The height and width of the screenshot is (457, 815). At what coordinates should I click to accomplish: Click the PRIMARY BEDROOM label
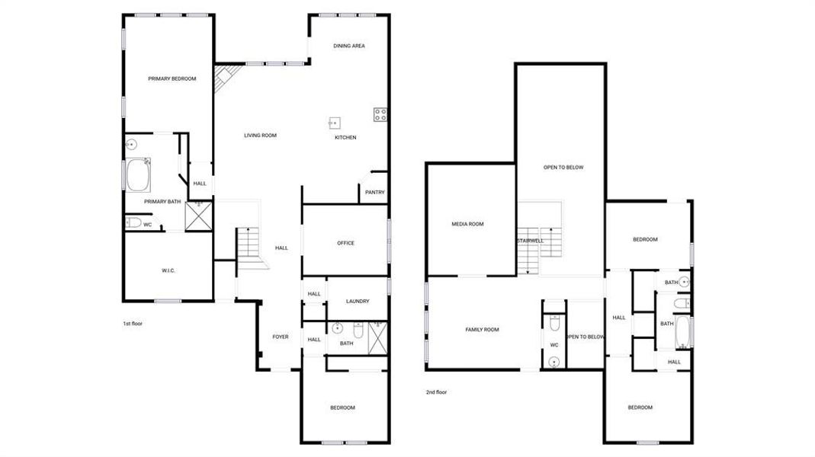pyautogui.click(x=172, y=78)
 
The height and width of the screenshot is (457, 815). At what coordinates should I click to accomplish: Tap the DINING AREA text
pyautogui.click(x=349, y=46)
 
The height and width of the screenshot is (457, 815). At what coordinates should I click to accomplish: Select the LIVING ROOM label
pyautogui.click(x=260, y=136)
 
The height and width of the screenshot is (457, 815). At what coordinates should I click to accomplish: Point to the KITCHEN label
pyautogui.click(x=345, y=138)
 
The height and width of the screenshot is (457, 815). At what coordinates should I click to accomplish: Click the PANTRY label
pyautogui.click(x=375, y=192)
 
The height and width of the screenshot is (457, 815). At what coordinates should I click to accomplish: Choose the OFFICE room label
pyautogui.click(x=345, y=243)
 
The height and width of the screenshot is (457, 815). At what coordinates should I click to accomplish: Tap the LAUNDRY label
pyautogui.click(x=358, y=301)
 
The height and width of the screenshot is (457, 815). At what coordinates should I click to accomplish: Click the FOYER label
pyautogui.click(x=281, y=336)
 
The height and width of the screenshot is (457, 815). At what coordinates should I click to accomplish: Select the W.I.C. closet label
pyautogui.click(x=168, y=270)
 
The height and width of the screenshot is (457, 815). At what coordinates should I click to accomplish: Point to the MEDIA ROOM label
pyautogui.click(x=467, y=224)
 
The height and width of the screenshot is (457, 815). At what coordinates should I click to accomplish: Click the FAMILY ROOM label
pyautogui.click(x=482, y=329)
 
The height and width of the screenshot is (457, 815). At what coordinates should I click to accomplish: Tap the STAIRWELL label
pyautogui.click(x=529, y=241)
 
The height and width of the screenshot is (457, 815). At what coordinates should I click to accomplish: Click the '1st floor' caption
pyautogui.click(x=133, y=324)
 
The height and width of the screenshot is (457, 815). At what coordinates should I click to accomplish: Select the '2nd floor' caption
pyautogui.click(x=436, y=392)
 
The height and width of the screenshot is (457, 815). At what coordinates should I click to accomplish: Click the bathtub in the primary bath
pyautogui.click(x=139, y=175)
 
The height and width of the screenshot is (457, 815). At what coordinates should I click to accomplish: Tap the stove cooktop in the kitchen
pyautogui.click(x=380, y=115)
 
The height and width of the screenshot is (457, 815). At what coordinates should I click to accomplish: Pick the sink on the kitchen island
pyautogui.click(x=334, y=121)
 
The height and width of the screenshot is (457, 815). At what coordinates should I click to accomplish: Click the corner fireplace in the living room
pyautogui.click(x=224, y=77)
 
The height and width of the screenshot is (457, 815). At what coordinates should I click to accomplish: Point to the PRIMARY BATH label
pyautogui.click(x=163, y=201)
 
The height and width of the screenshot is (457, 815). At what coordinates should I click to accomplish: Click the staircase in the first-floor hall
pyautogui.click(x=249, y=244)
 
